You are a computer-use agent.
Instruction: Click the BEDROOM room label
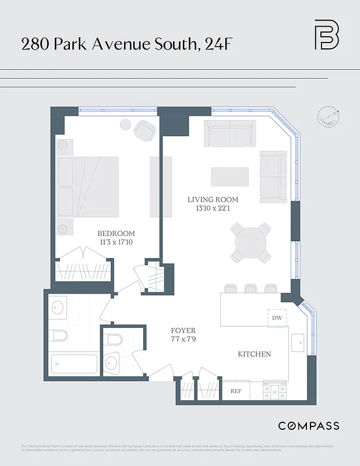pyautogui.click(x=116, y=234)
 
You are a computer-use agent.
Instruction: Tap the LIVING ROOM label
pyautogui.click(x=213, y=200)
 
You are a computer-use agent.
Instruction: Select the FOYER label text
pyautogui.click(x=183, y=330)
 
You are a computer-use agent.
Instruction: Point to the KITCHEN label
pyautogui.click(x=254, y=354)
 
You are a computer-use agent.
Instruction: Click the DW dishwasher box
pyautogui.click(x=277, y=318)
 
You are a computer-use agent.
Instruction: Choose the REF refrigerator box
pyautogui.click(x=237, y=391)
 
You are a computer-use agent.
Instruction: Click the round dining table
pyautogui.click(x=251, y=242)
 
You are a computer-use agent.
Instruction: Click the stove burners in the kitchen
pyautogui.click(x=275, y=390)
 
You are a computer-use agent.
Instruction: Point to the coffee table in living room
pyautogui.click(x=230, y=176)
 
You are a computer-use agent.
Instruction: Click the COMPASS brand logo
pyautogui.click(x=308, y=426)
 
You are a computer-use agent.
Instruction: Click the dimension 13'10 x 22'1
pyautogui.click(x=213, y=209)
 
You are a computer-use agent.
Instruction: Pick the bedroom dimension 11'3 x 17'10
pyautogui.click(x=116, y=242)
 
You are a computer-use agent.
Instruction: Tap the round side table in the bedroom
pyautogui.click(x=125, y=124)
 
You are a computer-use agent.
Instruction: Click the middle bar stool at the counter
pyautogui.click(x=251, y=288)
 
